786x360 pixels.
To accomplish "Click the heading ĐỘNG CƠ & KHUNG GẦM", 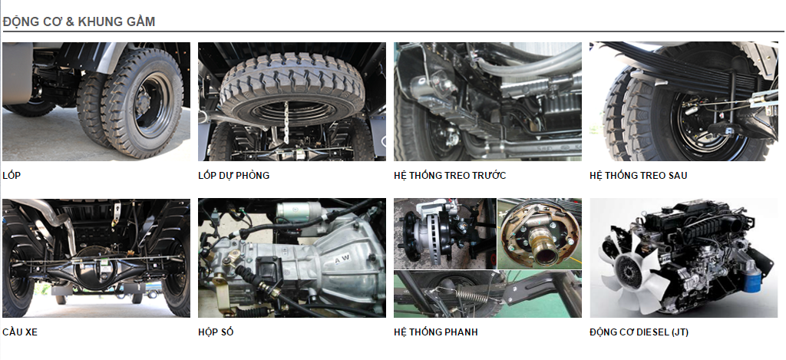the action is point(79,21).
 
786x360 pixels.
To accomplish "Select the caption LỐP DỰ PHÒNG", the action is point(233,176).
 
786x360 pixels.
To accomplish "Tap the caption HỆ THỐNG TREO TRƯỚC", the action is point(450,176).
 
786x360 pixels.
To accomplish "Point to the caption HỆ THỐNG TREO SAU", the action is point(638,176).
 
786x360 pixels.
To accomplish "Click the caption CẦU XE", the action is point(19,332).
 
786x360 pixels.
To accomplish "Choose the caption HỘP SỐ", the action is point(216,332).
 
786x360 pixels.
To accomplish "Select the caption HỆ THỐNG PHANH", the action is point(436,332).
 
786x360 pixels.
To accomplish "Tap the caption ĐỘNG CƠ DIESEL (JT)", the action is point(639,332).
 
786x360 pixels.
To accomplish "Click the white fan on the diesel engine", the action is point(633,273).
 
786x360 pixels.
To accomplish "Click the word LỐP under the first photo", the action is point(12,176).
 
